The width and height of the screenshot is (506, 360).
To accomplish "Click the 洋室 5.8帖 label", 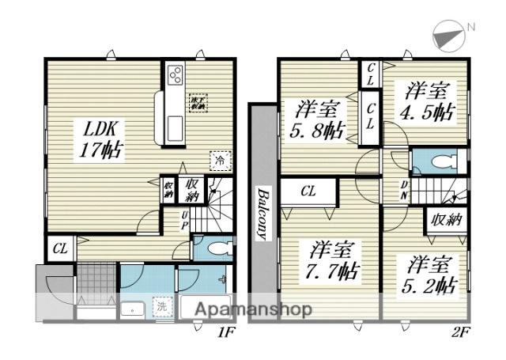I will (320, 119).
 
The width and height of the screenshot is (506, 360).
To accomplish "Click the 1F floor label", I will (226, 332).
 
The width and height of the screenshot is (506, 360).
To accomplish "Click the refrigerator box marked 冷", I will (217, 159).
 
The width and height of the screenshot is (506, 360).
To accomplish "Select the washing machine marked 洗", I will (160, 307).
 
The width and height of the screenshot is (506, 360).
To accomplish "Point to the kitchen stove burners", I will (175, 78).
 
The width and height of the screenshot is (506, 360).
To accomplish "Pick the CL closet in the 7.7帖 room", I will (308, 191).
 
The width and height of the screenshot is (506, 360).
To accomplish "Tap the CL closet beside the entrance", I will (60, 248).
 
